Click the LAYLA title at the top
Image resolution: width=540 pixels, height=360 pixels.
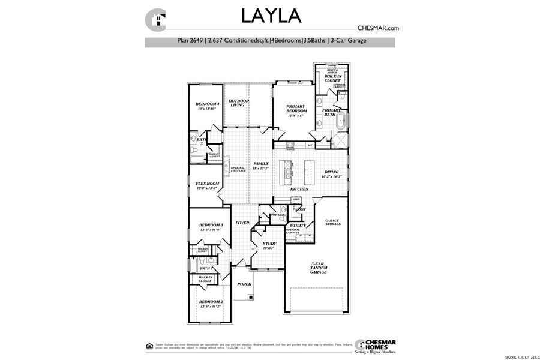tap(271, 14)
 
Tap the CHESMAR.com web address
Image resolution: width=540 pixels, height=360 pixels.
tap(378, 28)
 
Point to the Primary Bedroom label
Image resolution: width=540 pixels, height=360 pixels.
tap(296, 110)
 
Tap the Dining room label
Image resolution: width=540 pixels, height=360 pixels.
tap(331, 174)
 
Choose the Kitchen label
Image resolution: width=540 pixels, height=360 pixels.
tap(299, 189)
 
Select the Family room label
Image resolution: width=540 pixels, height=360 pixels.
tap(260, 166)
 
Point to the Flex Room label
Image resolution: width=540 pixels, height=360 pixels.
tap(208, 186)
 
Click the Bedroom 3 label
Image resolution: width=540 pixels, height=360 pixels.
tap(211, 227)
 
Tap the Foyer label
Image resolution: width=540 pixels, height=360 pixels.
tap(242, 223)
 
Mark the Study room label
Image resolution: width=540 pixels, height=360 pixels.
tap(269, 245)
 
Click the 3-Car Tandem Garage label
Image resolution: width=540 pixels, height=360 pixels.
tap(319, 268)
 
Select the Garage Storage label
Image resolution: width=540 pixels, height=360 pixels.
tap(332, 222)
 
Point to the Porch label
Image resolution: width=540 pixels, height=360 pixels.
tap(244, 284)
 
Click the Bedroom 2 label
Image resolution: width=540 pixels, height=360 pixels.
tap(211, 304)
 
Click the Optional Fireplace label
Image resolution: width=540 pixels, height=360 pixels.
tap(238, 169)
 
